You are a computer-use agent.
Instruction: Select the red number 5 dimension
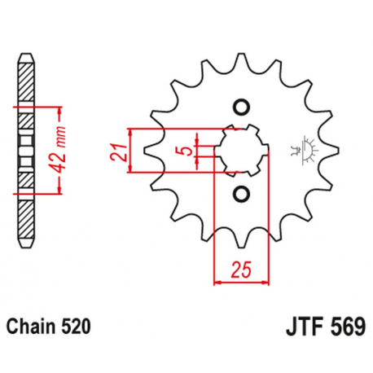(x=186, y=151)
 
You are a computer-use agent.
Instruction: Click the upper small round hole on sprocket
(x=241, y=107)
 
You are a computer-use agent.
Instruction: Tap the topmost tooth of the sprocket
(x=241, y=61)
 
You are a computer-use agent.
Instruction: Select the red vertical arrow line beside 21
(x=132, y=151)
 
